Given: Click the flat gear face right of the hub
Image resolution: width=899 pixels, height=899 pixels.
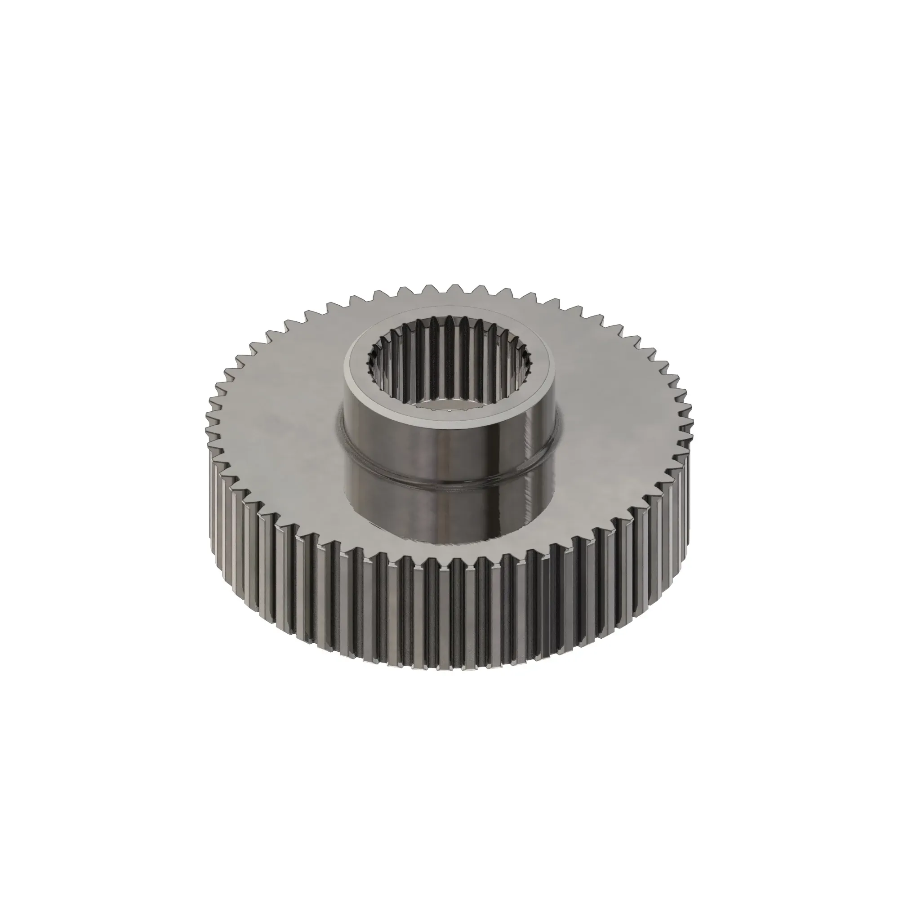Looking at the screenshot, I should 619,419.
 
